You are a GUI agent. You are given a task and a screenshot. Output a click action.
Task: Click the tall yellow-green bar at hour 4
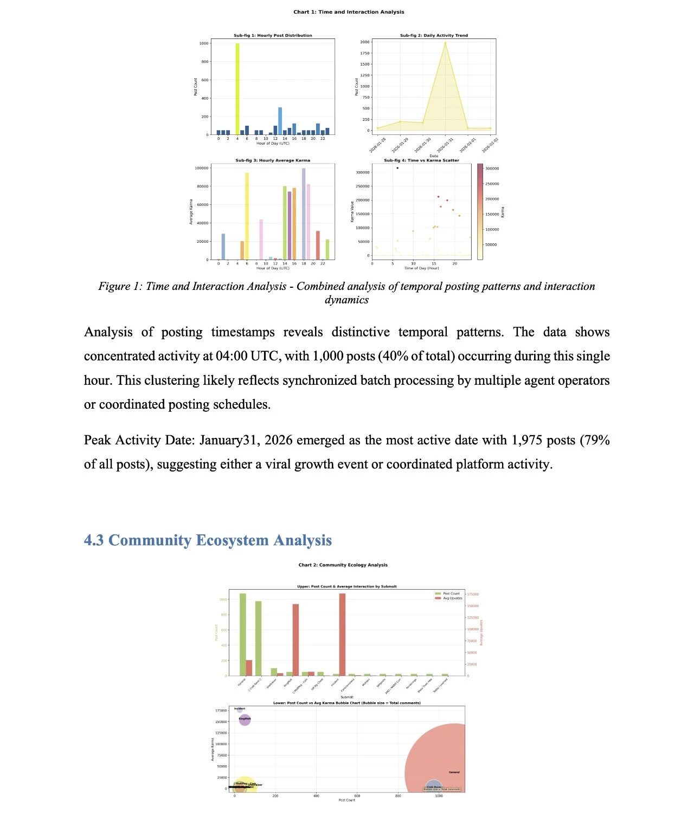pyautogui.click(x=237, y=89)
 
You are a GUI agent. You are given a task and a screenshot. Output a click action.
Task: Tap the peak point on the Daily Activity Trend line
pyautogui.click(x=445, y=43)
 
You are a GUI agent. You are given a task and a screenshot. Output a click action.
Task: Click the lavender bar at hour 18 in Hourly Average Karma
pyautogui.click(x=304, y=214)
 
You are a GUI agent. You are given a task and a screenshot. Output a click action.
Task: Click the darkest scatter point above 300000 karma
pyautogui.click(x=397, y=168)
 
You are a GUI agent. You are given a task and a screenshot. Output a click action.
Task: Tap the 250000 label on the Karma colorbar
pyautogui.click(x=491, y=184)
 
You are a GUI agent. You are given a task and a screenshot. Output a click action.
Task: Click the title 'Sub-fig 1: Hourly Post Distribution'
pyautogui.click(x=273, y=35)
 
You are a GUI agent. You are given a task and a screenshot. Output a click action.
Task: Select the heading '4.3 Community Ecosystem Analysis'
pyautogui.click(x=208, y=540)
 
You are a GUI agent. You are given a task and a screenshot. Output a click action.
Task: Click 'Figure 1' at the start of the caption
pyautogui.click(x=120, y=286)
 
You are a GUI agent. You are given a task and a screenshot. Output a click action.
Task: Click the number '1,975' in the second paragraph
pyautogui.click(x=526, y=440)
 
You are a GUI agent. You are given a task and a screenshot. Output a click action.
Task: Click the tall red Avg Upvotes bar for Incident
pyautogui.click(x=342, y=634)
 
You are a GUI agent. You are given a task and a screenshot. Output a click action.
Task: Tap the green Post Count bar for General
pyautogui.click(x=243, y=634)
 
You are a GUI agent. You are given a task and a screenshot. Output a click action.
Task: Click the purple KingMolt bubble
pyautogui.click(x=245, y=720)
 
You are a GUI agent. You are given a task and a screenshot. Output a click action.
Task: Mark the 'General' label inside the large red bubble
pyautogui.click(x=454, y=772)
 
